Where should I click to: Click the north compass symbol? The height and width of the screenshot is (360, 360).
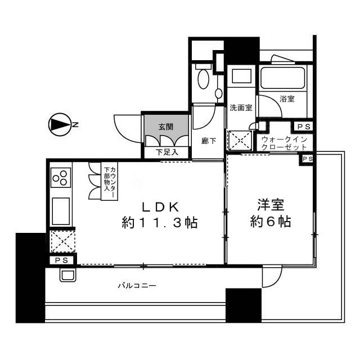[60, 125]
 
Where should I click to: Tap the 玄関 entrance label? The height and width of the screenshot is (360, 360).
[166, 127]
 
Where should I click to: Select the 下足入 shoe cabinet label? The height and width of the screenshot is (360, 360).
[167, 152]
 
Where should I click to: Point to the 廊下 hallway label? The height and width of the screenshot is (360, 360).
[209, 141]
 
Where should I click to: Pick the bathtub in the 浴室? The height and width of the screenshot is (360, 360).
[282, 78]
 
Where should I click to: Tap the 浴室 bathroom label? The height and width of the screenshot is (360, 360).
[287, 99]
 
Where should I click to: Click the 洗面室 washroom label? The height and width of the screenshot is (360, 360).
[241, 107]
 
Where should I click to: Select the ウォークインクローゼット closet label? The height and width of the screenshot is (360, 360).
[284, 143]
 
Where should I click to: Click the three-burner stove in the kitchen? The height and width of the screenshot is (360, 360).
[61, 178]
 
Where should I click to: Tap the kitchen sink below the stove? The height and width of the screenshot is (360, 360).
[61, 211]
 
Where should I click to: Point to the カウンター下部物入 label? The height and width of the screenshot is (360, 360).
[110, 182]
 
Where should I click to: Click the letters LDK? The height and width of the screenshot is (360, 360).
[160, 208]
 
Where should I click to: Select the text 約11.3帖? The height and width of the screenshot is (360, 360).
[160, 223]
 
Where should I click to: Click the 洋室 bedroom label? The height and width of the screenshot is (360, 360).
[271, 205]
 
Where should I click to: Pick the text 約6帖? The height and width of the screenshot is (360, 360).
[271, 222]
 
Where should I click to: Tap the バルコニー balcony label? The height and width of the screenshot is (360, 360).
[137, 286]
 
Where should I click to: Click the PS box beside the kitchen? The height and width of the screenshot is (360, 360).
[62, 260]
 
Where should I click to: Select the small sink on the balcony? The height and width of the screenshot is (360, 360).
[67, 274]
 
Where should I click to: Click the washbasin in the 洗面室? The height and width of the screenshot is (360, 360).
[241, 76]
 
